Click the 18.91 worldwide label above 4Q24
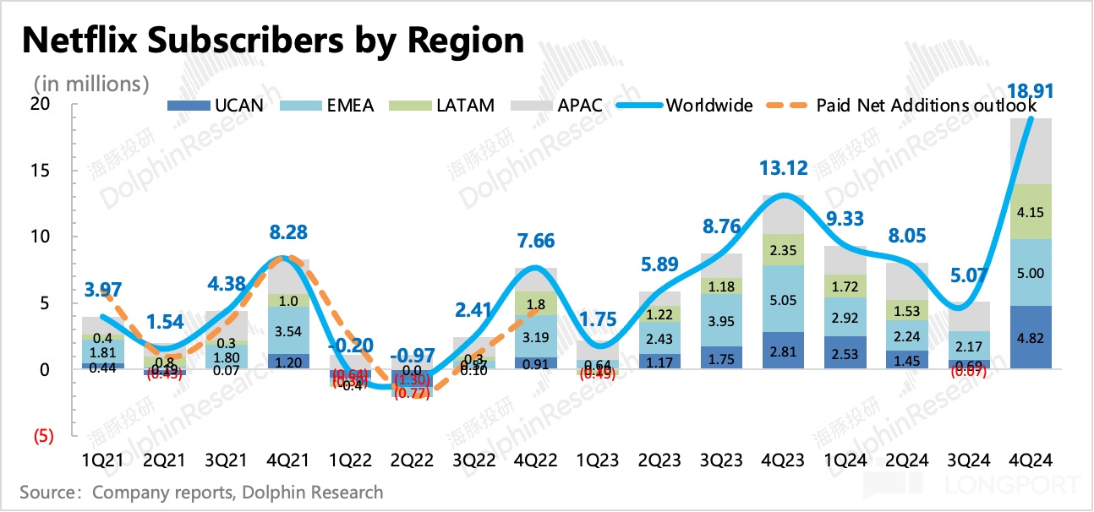tap(1031, 90)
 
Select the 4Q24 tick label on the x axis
tap(1031, 460)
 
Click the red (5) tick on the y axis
tap(42, 437)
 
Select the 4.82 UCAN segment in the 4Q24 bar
tap(1031, 338)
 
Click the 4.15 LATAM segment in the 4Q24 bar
tap(1031, 211)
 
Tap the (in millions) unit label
tap(91, 84)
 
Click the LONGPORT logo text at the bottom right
tap(1031, 485)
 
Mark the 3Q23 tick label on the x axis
tap(721, 460)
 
